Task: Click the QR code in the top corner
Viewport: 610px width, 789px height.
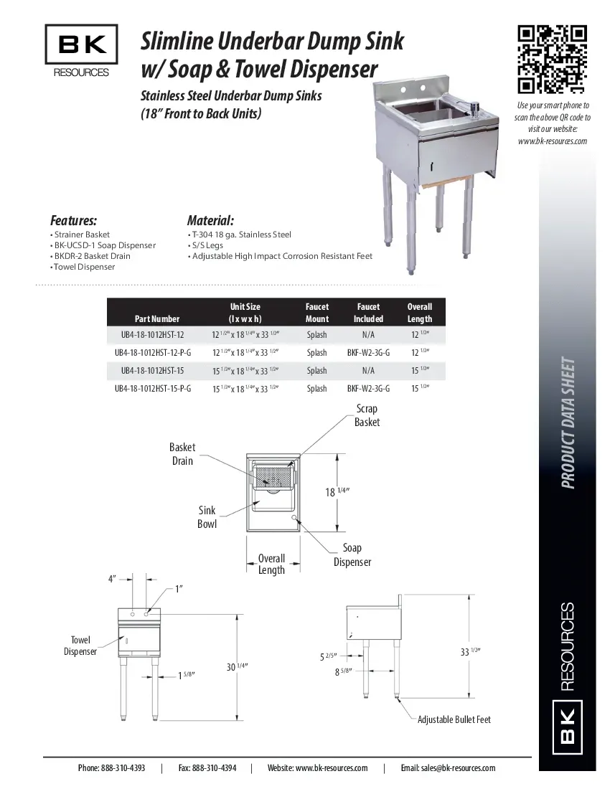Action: (552, 60)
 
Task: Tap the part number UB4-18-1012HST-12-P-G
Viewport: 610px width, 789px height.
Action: (153, 353)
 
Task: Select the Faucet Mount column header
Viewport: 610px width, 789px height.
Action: (316, 313)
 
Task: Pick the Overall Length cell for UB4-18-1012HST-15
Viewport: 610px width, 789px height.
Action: (419, 371)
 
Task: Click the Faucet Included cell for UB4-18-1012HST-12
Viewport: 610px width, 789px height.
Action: (368, 335)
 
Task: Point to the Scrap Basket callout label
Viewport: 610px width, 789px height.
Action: (367, 415)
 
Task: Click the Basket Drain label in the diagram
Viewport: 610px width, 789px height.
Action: (182, 454)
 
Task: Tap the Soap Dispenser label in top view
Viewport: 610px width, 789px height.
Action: (352, 555)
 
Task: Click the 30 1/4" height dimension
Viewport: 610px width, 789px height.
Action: (237, 666)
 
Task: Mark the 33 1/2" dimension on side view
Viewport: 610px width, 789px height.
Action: (470, 651)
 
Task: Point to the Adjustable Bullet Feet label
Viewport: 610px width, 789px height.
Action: (454, 719)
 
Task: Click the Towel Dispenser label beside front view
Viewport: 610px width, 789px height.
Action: (80, 646)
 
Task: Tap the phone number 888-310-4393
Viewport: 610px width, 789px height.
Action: (111, 768)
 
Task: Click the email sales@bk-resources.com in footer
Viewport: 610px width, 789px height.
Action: (448, 768)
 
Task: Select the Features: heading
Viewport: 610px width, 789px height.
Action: (73, 220)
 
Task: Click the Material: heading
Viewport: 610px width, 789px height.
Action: (210, 220)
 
